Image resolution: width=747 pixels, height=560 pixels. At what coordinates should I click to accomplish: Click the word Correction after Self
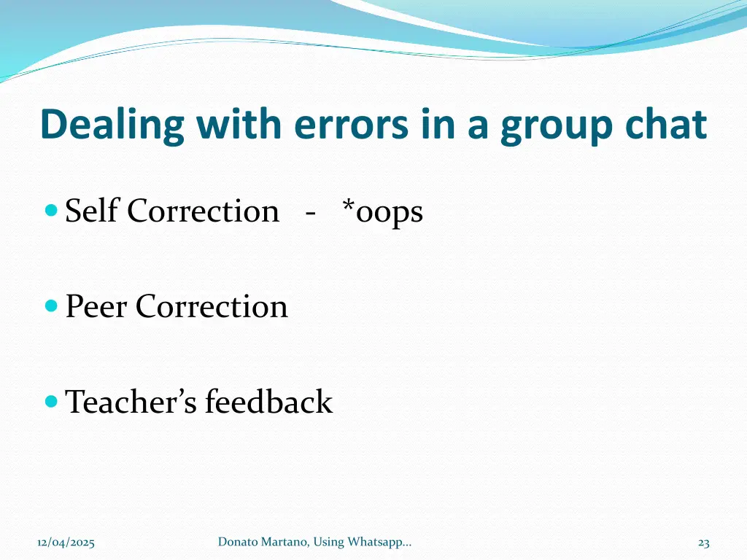click(203, 211)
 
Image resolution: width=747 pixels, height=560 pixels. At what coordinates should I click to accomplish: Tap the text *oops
click(382, 212)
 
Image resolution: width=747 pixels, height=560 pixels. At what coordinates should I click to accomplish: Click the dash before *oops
click(311, 214)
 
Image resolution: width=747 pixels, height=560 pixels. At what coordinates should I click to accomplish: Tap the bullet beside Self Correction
click(51, 211)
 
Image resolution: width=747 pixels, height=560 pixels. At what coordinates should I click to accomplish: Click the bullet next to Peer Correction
click(51, 306)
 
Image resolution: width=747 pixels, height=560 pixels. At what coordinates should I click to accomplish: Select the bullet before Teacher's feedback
click(51, 401)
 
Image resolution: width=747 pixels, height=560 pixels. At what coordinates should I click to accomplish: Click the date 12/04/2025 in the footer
click(66, 542)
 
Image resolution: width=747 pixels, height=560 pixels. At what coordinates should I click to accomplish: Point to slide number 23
click(703, 542)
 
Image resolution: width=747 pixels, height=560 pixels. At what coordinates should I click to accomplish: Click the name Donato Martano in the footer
click(258, 541)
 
